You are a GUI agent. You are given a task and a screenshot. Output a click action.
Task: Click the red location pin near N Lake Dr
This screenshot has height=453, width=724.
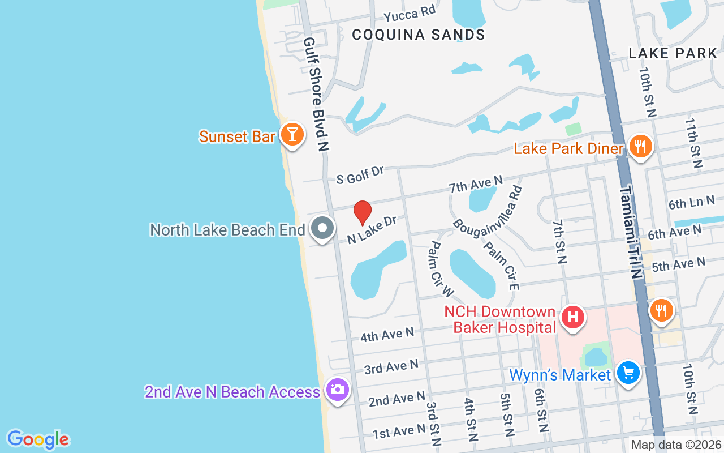363,212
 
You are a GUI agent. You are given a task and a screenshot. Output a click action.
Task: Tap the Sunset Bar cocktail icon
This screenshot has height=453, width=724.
292,134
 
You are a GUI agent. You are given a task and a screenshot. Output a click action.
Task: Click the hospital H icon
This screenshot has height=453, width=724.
572,315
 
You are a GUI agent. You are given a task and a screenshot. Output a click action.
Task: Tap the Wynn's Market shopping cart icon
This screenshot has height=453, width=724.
628,373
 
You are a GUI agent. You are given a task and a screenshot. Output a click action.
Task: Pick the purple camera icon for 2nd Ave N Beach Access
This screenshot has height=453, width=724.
338,390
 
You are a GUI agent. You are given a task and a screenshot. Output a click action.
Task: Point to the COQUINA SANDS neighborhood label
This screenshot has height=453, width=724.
419,35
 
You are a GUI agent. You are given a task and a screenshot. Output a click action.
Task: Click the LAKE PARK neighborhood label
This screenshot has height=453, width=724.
673,53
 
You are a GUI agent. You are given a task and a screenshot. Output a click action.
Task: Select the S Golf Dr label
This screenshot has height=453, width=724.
360,174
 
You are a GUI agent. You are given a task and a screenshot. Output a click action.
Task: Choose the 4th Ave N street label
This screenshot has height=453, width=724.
387,335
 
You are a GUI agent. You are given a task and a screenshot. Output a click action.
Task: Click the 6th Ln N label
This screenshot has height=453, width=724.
691,202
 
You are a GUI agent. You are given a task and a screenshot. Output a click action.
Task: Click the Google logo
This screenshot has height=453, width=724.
38,439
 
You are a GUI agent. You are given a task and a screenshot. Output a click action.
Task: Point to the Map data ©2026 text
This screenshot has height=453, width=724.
675,445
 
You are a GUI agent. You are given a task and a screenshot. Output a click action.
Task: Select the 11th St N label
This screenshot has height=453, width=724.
694,143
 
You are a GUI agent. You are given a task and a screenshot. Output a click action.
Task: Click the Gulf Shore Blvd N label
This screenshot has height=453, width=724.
316,94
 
